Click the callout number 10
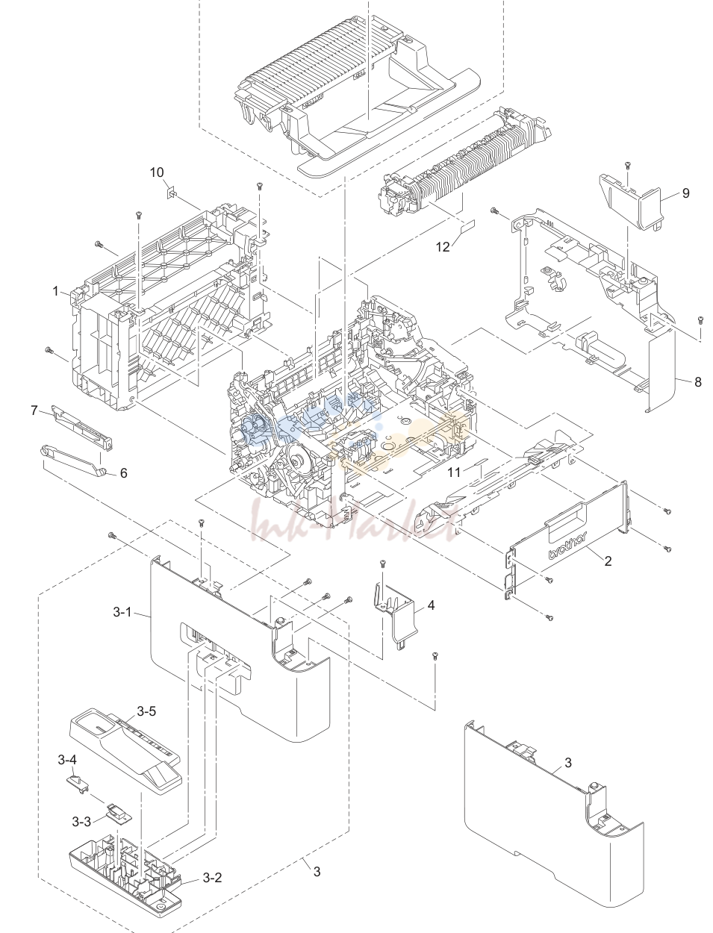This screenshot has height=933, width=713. click(x=157, y=172)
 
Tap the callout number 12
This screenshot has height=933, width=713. click(x=443, y=246)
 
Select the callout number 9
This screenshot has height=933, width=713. click(x=686, y=193)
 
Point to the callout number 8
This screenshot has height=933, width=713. click(x=697, y=381)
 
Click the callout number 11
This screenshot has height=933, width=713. click(x=454, y=472)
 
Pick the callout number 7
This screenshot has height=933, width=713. click(x=34, y=411)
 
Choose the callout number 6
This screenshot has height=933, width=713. click(x=123, y=473)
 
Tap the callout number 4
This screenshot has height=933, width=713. click(x=431, y=605)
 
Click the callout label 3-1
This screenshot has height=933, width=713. click(x=122, y=612)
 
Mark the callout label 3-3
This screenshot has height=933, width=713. click(x=81, y=822)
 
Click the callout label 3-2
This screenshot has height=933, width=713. click(x=212, y=877)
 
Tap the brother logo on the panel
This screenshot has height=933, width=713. click(x=567, y=546)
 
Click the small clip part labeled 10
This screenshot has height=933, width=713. click(x=170, y=193)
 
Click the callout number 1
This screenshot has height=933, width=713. click(x=55, y=291)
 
